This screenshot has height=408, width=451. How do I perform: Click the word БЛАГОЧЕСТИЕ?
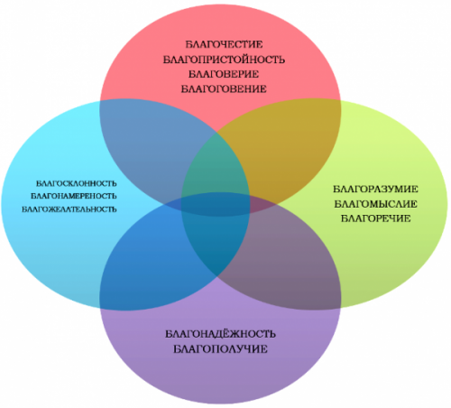click(224, 44)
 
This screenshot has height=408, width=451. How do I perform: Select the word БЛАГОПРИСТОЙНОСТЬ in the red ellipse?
click(224, 60)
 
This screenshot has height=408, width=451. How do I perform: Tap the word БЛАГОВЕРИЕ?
click(224, 74)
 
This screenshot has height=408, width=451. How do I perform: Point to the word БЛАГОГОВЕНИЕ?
click(224, 88)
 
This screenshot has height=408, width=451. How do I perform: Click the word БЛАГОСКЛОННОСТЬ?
click(77, 183)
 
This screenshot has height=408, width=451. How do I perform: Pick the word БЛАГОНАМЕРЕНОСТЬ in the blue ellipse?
click(74, 196)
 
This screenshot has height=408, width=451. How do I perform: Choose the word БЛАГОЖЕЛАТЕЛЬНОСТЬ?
click(69, 209)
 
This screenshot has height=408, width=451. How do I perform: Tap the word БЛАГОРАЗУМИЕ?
click(375, 189)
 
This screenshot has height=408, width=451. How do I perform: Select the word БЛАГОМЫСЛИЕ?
click(375, 204)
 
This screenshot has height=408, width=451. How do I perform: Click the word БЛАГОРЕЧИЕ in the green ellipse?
click(375, 218)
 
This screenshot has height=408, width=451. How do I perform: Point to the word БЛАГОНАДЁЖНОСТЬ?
click(220, 334)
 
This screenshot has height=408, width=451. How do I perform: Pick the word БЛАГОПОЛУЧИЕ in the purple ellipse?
click(220, 348)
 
